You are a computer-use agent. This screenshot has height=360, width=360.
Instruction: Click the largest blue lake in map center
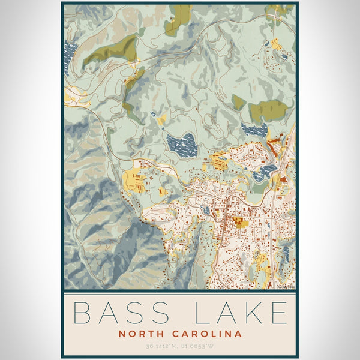[x=182, y=144]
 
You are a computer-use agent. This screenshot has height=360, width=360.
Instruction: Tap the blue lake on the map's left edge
[x=70, y=54]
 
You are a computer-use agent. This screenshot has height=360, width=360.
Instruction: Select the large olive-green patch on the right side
[x=269, y=110]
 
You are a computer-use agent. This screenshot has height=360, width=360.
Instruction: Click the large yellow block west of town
[x=133, y=178]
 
